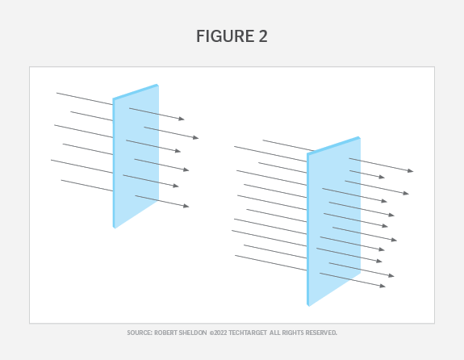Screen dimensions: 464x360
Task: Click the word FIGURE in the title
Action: point(225,36)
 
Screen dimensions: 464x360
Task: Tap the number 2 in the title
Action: point(263,36)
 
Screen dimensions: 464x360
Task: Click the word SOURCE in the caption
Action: point(140,333)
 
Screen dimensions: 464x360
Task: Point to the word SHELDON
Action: point(194,333)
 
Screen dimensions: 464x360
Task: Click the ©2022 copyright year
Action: point(218,333)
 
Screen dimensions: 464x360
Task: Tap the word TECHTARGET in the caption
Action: point(248,333)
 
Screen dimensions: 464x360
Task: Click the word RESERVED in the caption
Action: point(321,333)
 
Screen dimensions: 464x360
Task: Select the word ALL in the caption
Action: point(274,333)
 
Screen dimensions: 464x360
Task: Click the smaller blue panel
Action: point(136,157)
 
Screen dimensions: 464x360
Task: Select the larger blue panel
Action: point(333,221)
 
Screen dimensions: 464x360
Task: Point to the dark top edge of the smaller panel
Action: point(136,91)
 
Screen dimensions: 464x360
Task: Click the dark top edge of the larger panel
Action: point(333,145)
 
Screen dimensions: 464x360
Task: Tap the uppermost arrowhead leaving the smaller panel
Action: point(182,119)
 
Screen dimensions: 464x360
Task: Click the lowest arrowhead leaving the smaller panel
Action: point(186,206)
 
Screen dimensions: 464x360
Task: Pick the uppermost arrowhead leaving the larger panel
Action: point(411,170)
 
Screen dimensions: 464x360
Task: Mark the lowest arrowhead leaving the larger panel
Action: point(382,286)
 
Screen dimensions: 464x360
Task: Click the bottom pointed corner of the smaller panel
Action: point(115,228)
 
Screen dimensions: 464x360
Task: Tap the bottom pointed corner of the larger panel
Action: point(308,306)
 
